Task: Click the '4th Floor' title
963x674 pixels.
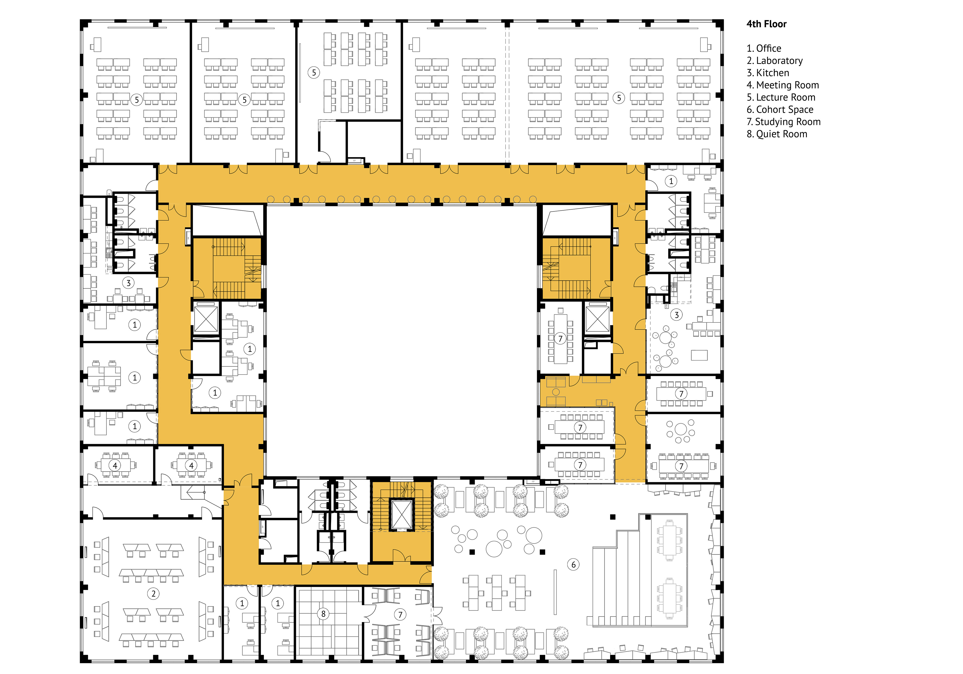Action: pos(766,24)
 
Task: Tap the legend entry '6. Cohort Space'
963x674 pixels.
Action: pos(780,110)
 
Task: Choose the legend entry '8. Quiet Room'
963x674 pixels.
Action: pos(777,134)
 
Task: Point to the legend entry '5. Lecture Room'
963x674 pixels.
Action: pos(781,97)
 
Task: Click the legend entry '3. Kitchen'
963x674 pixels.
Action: pos(768,73)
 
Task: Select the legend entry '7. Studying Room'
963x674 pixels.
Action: pos(783,122)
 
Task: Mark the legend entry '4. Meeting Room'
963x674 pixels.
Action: pos(783,85)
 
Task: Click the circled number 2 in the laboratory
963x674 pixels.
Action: pos(153,594)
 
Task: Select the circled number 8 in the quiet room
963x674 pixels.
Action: pos(323,614)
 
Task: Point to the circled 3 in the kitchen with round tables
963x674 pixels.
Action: pos(676,315)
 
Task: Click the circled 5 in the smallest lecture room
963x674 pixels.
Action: pos(314,72)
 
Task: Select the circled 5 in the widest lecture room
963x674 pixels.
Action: pos(619,98)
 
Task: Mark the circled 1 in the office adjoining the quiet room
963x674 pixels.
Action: pos(278,603)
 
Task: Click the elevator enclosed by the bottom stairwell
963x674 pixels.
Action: pos(402,515)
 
